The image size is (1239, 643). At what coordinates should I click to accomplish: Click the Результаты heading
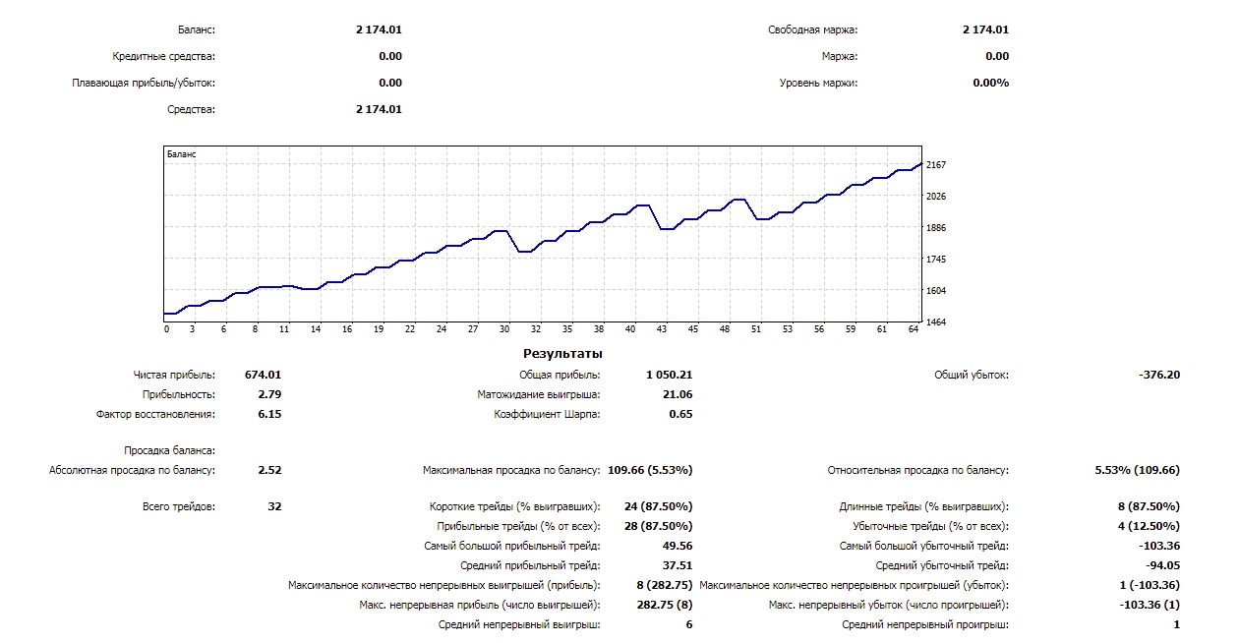[x=562, y=353]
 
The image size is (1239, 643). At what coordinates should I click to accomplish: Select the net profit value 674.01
[x=263, y=375]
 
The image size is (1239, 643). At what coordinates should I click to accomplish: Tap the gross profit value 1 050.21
[x=669, y=375]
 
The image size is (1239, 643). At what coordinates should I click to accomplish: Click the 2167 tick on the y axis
[x=936, y=164]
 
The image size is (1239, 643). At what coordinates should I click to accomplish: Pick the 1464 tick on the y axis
[x=936, y=321]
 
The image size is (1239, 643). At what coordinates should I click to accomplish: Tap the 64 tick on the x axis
[x=914, y=330]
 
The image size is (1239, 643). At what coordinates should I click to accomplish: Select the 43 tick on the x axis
[x=662, y=330]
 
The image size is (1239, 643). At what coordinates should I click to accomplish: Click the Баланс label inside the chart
[x=182, y=154]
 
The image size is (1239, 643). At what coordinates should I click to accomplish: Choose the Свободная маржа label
[x=812, y=29]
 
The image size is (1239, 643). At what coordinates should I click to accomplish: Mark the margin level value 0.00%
[x=990, y=83]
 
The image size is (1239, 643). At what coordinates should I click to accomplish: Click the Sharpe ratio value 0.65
[x=679, y=414]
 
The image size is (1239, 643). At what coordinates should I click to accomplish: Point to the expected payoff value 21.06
[x=678, y=394]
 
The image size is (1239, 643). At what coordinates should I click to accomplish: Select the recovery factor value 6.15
[x=269, y=414]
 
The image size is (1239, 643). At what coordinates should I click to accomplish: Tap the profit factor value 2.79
[x=269, y=394]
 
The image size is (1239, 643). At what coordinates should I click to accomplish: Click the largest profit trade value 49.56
[x=678, y=546]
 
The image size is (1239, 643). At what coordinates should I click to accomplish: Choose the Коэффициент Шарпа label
[x=547, y=414]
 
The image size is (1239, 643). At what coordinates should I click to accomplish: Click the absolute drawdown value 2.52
[x=269, y=470]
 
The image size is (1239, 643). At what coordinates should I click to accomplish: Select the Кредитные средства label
[x=164, y=56]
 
